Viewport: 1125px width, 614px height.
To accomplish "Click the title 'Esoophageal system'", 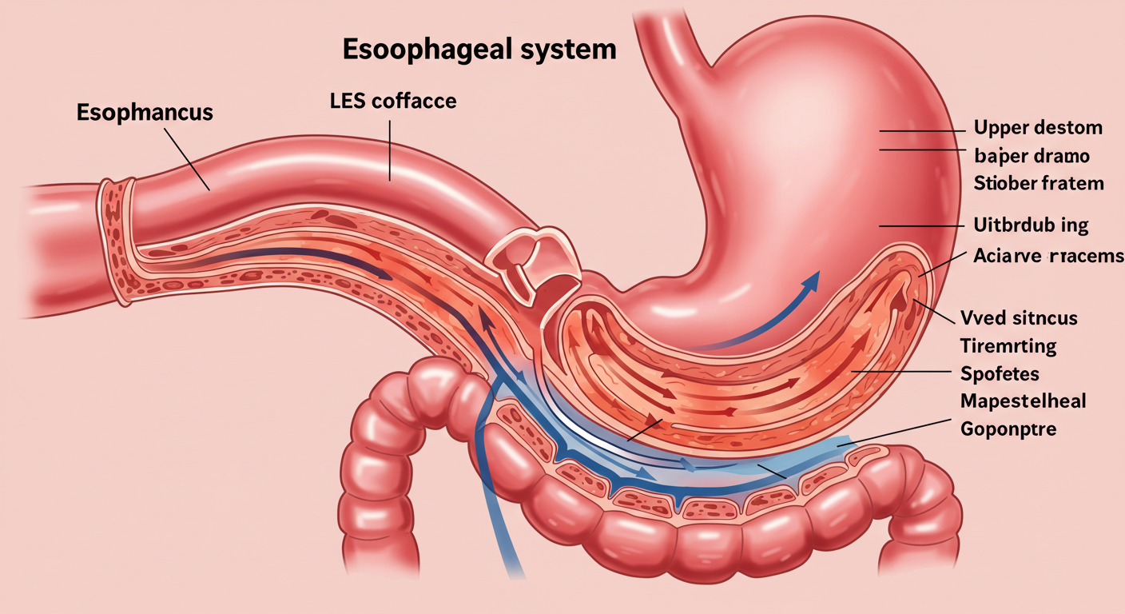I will (x=479, y=49).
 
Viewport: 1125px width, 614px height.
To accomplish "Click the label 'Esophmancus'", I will (x=145, y=111).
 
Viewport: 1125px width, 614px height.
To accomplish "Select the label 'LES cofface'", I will (x=392, y=102).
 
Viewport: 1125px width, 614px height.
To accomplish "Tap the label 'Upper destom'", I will (x=1038, y=127).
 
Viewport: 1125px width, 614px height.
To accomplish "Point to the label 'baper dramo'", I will (x=1032, y=155).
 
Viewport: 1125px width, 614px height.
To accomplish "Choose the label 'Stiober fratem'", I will (x=1039, y=183).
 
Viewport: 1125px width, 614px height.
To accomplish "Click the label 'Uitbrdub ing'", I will (x=1031, y=225).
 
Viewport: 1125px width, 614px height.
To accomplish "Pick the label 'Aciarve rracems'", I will (x=1048, y=256).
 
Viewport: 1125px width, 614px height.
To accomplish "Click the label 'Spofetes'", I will (x=999, y=373).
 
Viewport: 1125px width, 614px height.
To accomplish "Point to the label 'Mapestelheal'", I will (x=1024, y=401).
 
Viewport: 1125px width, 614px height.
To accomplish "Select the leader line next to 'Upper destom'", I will (x=916, y=130).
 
